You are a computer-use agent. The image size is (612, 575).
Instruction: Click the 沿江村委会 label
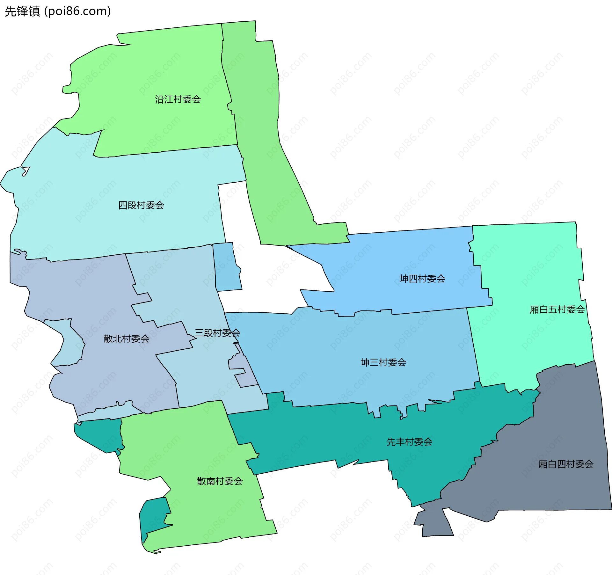178,99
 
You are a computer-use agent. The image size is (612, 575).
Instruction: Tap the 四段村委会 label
141,205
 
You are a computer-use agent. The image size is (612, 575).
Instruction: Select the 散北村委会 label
127,338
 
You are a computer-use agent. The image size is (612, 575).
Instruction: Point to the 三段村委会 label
217,333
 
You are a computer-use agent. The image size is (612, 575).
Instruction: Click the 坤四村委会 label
422,279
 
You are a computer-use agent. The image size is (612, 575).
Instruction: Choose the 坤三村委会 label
383,362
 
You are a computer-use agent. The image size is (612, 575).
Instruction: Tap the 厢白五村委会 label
557,309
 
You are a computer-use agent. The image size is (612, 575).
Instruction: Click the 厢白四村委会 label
566,464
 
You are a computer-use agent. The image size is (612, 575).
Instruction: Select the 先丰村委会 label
409,442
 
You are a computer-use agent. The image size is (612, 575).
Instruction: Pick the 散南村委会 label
220,481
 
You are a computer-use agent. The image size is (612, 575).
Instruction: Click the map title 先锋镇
22,11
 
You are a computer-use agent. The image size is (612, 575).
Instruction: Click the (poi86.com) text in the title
77,11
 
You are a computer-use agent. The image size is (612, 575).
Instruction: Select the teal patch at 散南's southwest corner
153,516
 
